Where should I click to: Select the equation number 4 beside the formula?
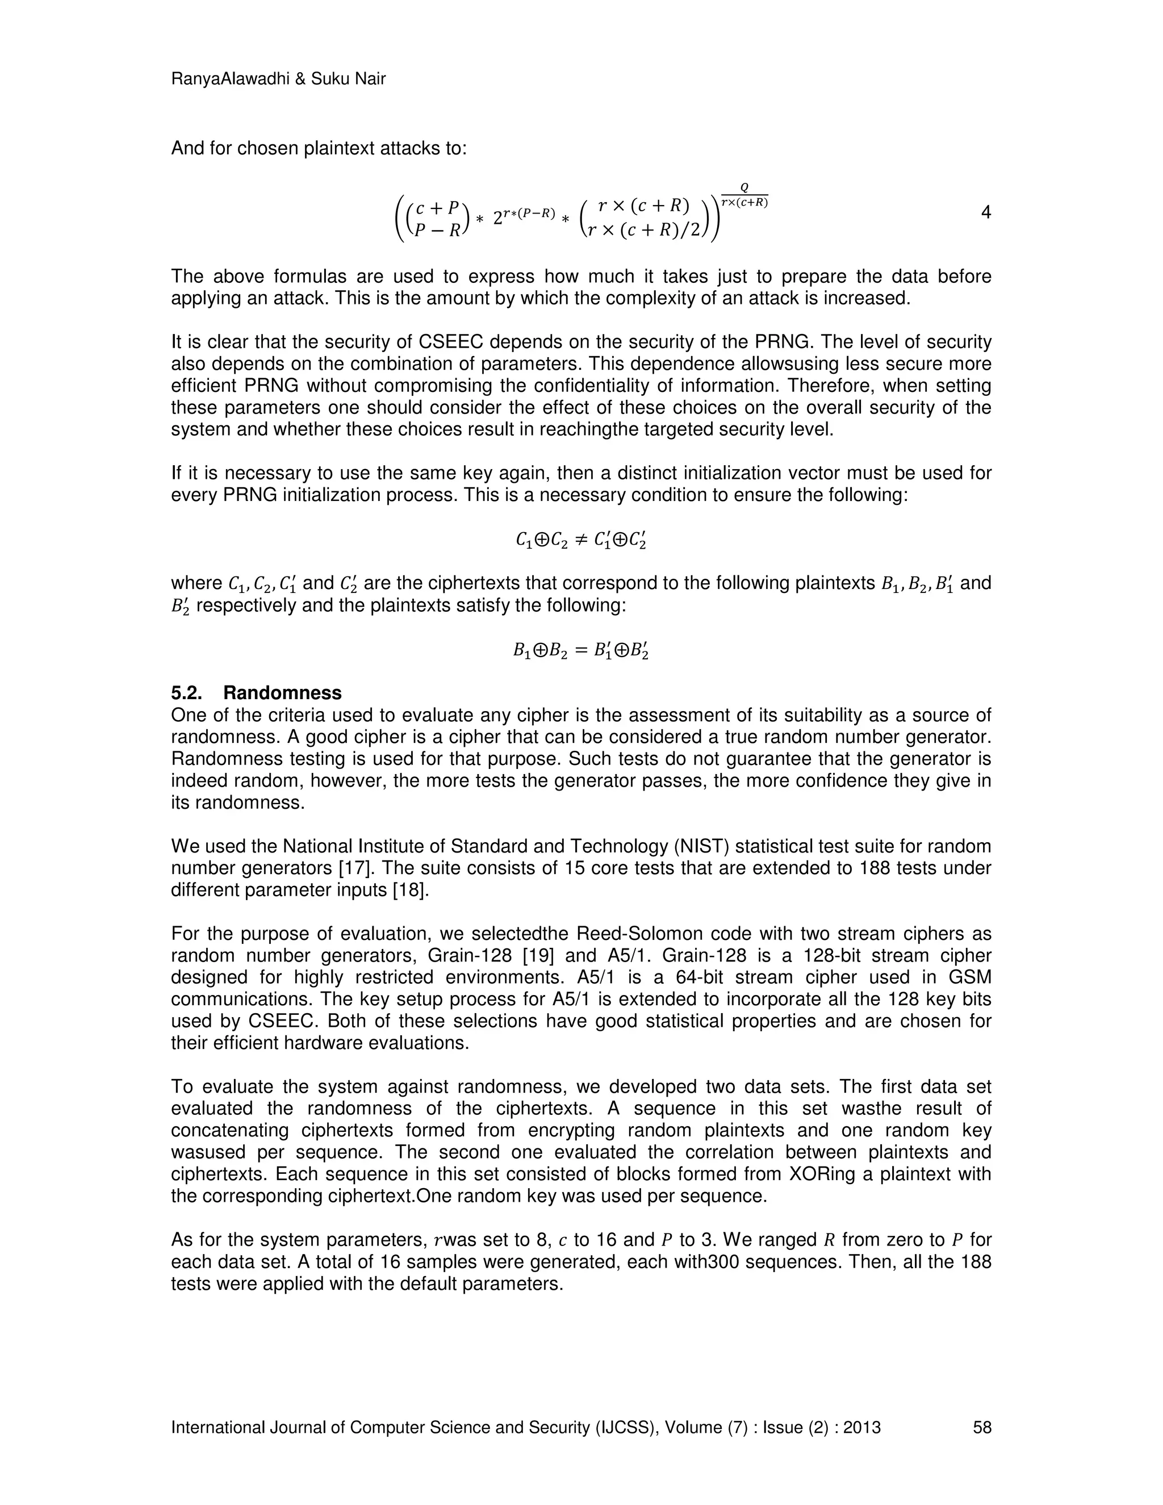point(985,212)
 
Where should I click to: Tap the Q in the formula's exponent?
point(744,187)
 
